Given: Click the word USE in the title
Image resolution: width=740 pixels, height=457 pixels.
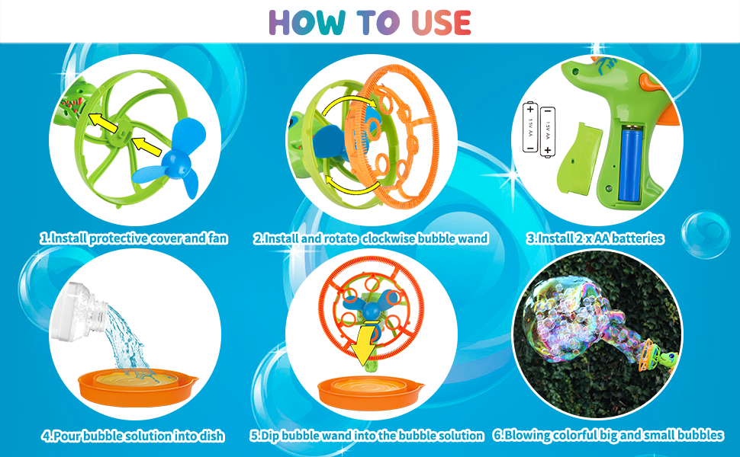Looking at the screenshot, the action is tap(441, 23).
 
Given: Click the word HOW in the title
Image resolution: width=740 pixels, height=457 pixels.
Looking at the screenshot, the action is tap(307, 23).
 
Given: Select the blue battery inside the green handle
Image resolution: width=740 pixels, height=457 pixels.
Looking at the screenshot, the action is tap(630, 164).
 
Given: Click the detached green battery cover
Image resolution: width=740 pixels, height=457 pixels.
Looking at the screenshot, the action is tap(580, 158).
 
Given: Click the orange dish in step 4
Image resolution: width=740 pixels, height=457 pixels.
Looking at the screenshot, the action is tap(137, 387).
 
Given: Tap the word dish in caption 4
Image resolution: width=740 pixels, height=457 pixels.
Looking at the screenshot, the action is tap(212, 436).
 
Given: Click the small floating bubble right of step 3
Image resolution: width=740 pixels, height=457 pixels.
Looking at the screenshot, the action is tap(706, 235).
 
